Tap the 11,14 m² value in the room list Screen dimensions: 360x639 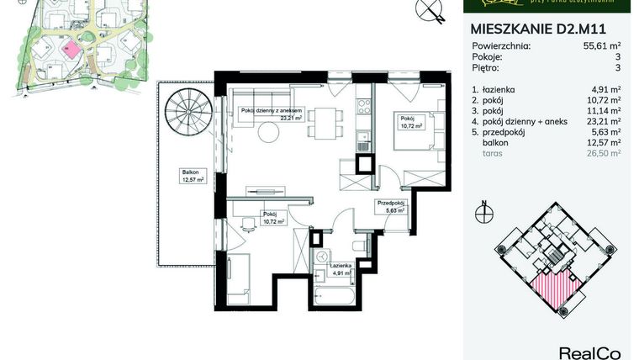tap(604, 109)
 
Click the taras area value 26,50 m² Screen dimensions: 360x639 tap(604, 153)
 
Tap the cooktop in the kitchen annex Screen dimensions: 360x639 tap(363, 107)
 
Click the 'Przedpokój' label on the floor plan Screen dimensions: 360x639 tap(391, 203)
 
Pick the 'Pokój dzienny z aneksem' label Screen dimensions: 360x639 tap(264, 111)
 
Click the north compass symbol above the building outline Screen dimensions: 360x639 tap(483, 214)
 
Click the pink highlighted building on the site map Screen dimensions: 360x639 tap(73, 48)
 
